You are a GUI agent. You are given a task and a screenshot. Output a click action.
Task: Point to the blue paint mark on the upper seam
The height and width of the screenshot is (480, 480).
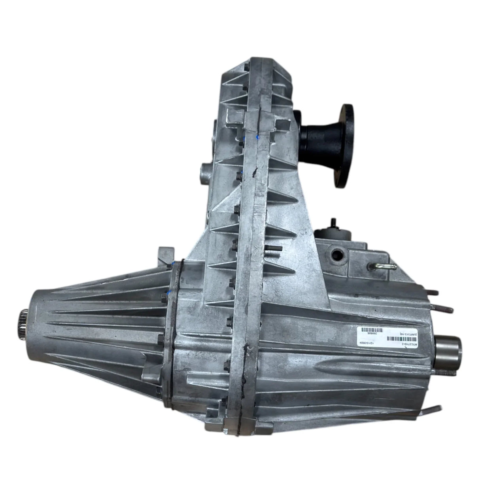pos(258,137)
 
